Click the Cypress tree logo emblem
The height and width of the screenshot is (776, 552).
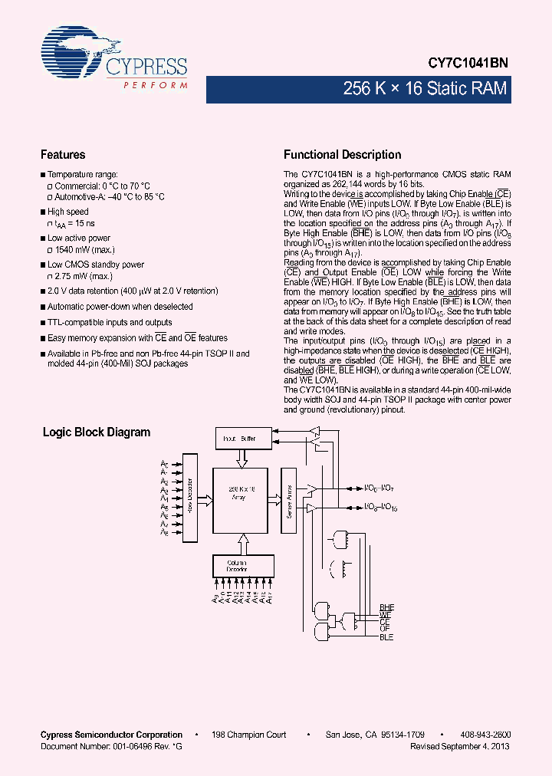coord(74,54)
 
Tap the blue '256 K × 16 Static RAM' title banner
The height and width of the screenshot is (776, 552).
coord(426,89)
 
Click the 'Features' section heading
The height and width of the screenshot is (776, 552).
coord(63,154)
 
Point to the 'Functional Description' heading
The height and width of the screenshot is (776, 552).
coord(342,154)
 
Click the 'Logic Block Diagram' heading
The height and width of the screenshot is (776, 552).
coord(97,432)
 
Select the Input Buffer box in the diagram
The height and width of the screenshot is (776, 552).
coord(239,439)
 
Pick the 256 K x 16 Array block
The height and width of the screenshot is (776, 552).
coord(241,500)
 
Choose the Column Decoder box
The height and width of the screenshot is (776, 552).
coord(242,566)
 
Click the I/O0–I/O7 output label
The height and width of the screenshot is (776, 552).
coord(379,488)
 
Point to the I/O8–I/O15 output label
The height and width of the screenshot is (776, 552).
coord(380,508)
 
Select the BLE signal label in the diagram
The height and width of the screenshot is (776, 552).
coord(386,637)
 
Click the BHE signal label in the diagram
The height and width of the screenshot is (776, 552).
coord(386,607)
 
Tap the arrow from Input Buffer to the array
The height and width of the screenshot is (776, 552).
coord(242,459)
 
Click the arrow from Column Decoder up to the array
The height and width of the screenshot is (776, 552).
coord(242,543)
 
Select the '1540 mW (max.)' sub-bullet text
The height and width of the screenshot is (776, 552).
coord(84,250)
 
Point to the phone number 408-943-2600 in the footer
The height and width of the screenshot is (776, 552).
coord(486,735)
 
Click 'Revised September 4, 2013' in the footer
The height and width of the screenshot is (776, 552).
coord(460,746)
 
